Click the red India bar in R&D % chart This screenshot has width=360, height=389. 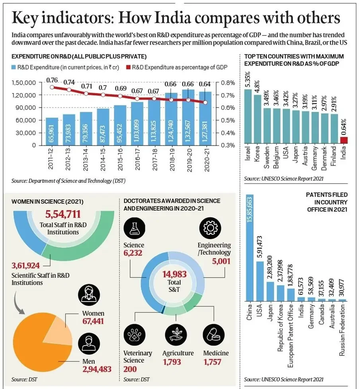pos(344,140)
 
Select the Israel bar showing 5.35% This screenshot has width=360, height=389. pos(248,117)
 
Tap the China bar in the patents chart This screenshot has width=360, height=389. pos(250,247)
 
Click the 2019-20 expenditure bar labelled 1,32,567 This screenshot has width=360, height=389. pos(188,117)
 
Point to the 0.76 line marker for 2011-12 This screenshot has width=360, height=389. pos(52,87)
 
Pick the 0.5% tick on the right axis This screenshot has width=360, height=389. pos(228,121)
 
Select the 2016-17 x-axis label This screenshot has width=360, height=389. pos(137,159)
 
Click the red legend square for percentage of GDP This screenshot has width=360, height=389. pos(128,67)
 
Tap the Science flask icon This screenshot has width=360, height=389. pos(135,228)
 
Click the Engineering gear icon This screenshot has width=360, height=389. pos(210,228)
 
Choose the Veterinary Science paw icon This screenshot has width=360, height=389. pos(135,335)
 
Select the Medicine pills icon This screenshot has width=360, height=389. pos(214,335)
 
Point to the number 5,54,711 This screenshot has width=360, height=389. pos(63,214)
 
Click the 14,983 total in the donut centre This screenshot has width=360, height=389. pos(174,274)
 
